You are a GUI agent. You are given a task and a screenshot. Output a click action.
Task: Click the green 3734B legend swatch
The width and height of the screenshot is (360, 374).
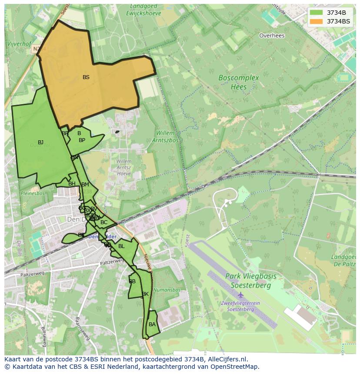click(317, 13)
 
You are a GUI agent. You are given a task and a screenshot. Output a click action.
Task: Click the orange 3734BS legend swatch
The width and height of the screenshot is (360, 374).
click(317, 21)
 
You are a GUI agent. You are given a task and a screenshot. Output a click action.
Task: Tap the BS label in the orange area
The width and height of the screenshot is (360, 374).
click(86, 77)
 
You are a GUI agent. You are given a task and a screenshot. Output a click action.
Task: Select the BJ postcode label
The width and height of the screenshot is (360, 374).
click(41, 142)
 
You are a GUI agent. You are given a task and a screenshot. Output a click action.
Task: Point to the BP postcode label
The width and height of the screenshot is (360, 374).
click(82, 140)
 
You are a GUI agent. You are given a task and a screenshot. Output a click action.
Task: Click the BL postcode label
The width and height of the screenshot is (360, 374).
click(121, 246)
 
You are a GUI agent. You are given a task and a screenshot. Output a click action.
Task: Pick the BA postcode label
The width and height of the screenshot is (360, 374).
click(152, 324)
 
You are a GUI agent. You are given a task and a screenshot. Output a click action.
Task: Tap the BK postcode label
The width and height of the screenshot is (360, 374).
click(145, 294)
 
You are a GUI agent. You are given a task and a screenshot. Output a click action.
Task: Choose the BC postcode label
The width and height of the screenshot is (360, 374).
click(104, 222)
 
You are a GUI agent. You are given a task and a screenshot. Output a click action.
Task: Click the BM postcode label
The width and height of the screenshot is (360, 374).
click(85, 185)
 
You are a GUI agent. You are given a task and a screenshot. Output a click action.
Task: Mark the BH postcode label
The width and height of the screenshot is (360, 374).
click(72, 184)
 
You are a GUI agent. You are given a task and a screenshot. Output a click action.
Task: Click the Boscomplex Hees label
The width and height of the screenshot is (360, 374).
click(239, 82)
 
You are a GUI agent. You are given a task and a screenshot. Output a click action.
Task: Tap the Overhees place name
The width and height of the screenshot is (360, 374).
click(272, 36)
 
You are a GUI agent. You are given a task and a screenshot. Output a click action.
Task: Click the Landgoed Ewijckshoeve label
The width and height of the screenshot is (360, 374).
click(143, 10)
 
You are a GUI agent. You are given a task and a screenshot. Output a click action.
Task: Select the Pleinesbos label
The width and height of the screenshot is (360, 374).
click(33, 193)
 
